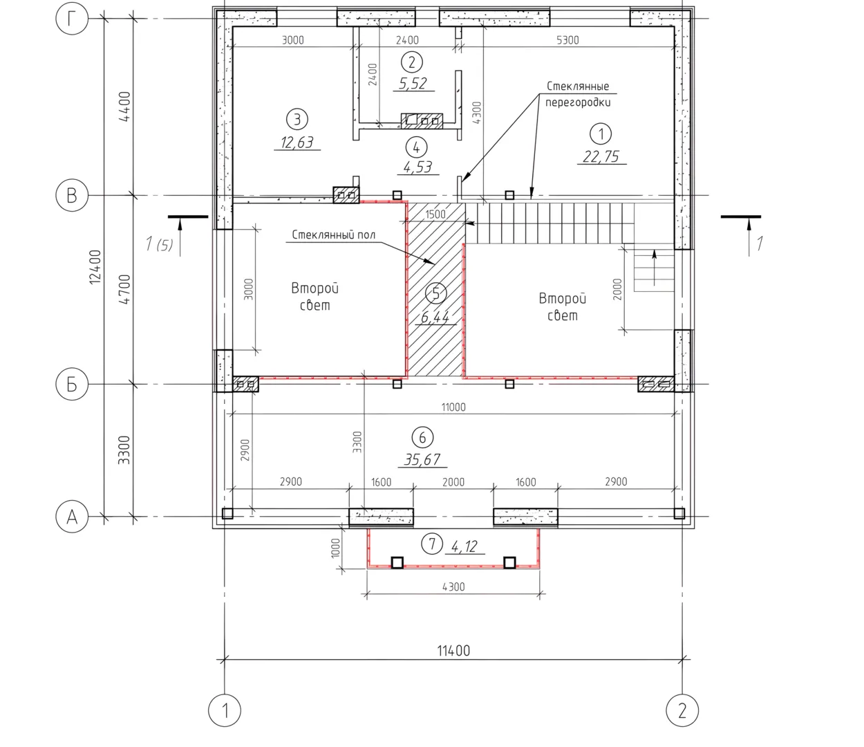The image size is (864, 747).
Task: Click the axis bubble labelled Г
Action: pos(72,19)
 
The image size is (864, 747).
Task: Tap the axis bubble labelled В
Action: pos(72,195)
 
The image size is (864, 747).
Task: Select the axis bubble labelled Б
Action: pos(72,384)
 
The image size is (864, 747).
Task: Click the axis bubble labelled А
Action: pos(72,517)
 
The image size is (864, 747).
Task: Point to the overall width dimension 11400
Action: pos(453,650)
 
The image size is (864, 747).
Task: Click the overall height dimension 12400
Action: pos(95,267)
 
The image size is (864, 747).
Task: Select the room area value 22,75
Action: pos(601,156)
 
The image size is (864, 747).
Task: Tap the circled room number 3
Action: pos(297,119)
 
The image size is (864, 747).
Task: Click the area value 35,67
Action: pos(422,460)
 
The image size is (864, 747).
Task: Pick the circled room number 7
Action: pos(432,544)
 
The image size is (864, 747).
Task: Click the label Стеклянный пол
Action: pos(334,234)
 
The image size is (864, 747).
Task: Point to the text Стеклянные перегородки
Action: pos(578,94)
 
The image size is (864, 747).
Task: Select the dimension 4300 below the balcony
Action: pos(453,587)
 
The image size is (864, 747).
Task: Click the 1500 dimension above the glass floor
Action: pos(435,214)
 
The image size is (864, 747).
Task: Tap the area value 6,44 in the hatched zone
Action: pos(435,317)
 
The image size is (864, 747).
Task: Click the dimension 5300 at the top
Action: pos(567,40)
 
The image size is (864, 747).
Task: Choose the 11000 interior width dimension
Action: pos(453,407)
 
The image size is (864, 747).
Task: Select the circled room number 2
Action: pos(412,62)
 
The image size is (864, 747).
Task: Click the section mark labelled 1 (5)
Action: pos(159,244)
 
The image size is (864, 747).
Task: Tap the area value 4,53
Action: pos(417,167)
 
